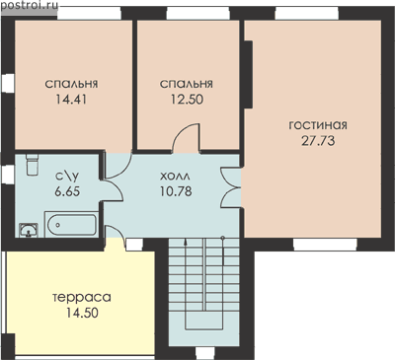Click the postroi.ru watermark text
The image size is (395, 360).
30,6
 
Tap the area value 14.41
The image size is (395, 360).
71,99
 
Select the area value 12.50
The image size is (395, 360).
187,99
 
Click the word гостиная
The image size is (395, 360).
318,125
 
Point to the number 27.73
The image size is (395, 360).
318,141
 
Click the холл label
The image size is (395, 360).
175,177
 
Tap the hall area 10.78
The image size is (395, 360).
176,191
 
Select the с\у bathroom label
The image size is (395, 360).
67,177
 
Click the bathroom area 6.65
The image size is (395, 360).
67,191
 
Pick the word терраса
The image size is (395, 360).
82,298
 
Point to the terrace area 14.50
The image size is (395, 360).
82,313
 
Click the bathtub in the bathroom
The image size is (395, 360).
71,224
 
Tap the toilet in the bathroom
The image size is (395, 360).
32,165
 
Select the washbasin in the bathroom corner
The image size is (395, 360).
29,230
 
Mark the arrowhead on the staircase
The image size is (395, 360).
186,243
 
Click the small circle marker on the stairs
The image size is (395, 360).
223,238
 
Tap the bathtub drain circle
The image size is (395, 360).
58,225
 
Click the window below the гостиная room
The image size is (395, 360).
325,244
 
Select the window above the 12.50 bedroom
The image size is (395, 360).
197,14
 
